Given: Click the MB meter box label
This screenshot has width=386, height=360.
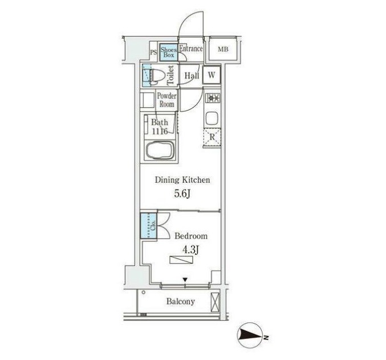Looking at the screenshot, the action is click(223, 50).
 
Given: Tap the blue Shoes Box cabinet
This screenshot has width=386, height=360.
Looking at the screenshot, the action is click(169, 52).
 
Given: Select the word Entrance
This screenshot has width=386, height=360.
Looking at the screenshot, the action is click(191, 48).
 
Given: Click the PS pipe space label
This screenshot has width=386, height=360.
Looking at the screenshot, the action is click(153, 52).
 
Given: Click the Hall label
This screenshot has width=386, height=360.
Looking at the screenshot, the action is click(192, 76).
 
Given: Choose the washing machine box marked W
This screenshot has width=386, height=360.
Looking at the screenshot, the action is click(212, 75).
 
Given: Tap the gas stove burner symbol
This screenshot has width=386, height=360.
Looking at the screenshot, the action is click(213, 99).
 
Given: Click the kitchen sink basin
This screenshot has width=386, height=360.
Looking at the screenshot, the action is click(212, 118).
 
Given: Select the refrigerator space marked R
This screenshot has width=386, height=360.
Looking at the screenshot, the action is click(212, 137).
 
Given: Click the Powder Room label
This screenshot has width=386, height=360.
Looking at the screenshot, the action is click(166, 100).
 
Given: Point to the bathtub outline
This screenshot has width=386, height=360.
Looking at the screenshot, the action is click(160, 149).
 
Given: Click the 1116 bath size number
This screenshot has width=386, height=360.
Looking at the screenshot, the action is click(160, 132).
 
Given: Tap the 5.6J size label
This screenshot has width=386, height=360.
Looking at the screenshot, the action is click(182, 194).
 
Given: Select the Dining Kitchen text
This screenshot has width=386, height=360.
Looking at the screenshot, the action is click(182, 180).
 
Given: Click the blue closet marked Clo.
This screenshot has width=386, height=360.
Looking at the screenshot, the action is click(148, 226).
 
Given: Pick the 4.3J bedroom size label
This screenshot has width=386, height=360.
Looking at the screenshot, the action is click(190, 250).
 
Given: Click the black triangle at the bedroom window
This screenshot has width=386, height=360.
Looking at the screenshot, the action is click(185, 280).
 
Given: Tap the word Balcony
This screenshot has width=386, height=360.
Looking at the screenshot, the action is click(180, 301).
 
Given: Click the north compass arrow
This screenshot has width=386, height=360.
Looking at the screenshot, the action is click(250, 335).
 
